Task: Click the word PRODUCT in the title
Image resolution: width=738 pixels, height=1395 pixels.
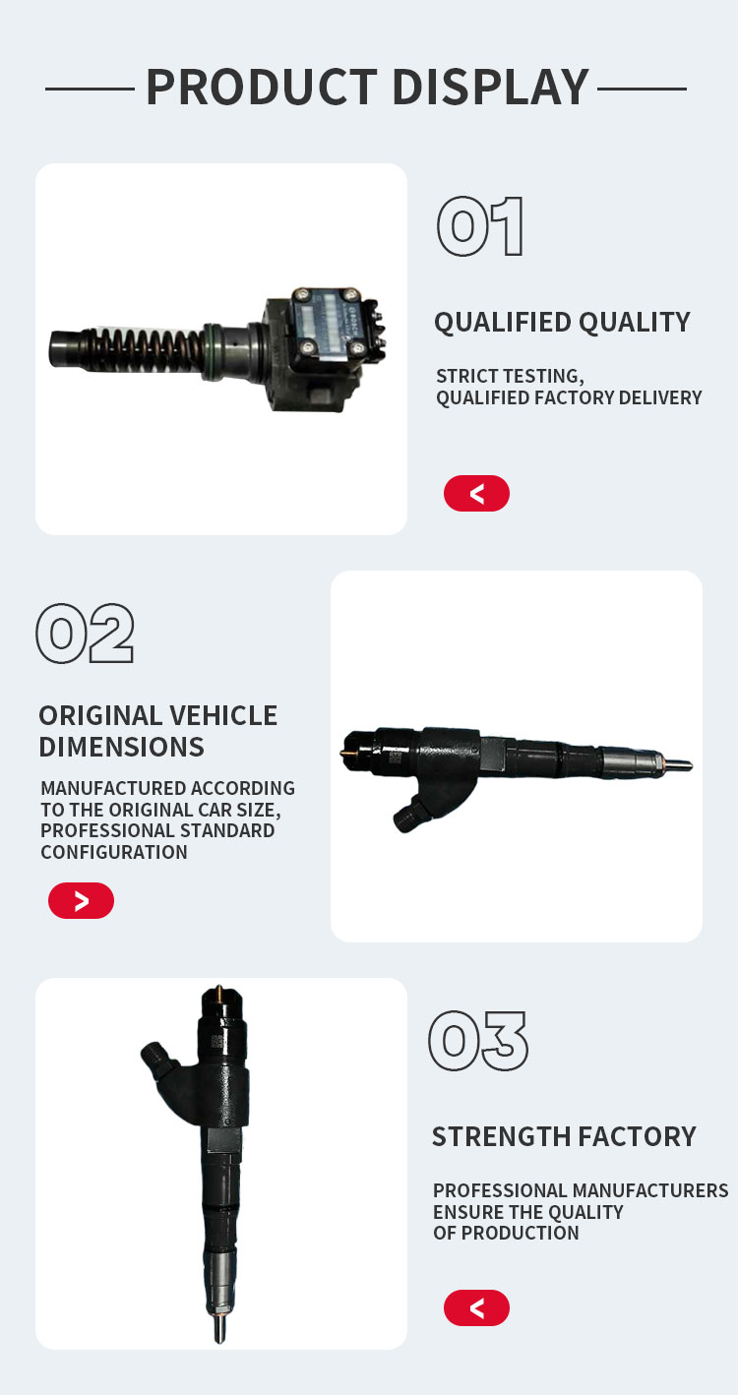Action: pyautogui.click(x=262, y=88)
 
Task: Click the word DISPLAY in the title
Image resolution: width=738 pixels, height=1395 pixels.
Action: pyautogui.click(x=491, y=88)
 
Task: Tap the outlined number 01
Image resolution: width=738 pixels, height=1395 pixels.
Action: pyautogui.click(x=479, y=226)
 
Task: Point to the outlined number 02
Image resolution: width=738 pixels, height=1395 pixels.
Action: pyautogui.click(x=85, y=634)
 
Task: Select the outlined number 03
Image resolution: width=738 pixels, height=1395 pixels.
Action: pyautogui.click(x=478, y=1041)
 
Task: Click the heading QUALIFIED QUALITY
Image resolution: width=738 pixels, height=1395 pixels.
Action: pyautogui.click(x=563, y=323)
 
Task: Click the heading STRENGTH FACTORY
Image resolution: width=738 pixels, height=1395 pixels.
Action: pyautogui.click(x=564, y=1136)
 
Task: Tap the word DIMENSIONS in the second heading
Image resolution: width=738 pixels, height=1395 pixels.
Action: pyautogui.click(x=121, y=747)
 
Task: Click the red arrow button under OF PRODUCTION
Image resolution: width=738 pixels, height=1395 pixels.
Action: pyautogui.click(x=476, y=1307)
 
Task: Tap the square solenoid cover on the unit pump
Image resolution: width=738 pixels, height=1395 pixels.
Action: pyautogui.click(x=327, y=323)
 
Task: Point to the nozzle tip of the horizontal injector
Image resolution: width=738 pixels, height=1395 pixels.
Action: pyautogui.click(x=679, y=764)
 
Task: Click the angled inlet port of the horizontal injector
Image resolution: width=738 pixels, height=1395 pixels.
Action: pyautogui.click(x=412, y=814)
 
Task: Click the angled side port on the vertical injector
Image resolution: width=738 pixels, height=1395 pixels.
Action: pyautogui.click(x=156, y=1059)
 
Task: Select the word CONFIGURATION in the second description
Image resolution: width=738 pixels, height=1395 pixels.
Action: pyautogui.click(x=114, y=852)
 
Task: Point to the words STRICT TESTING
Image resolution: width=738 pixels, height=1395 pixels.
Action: pyautogui.click(x=510, y=377)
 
